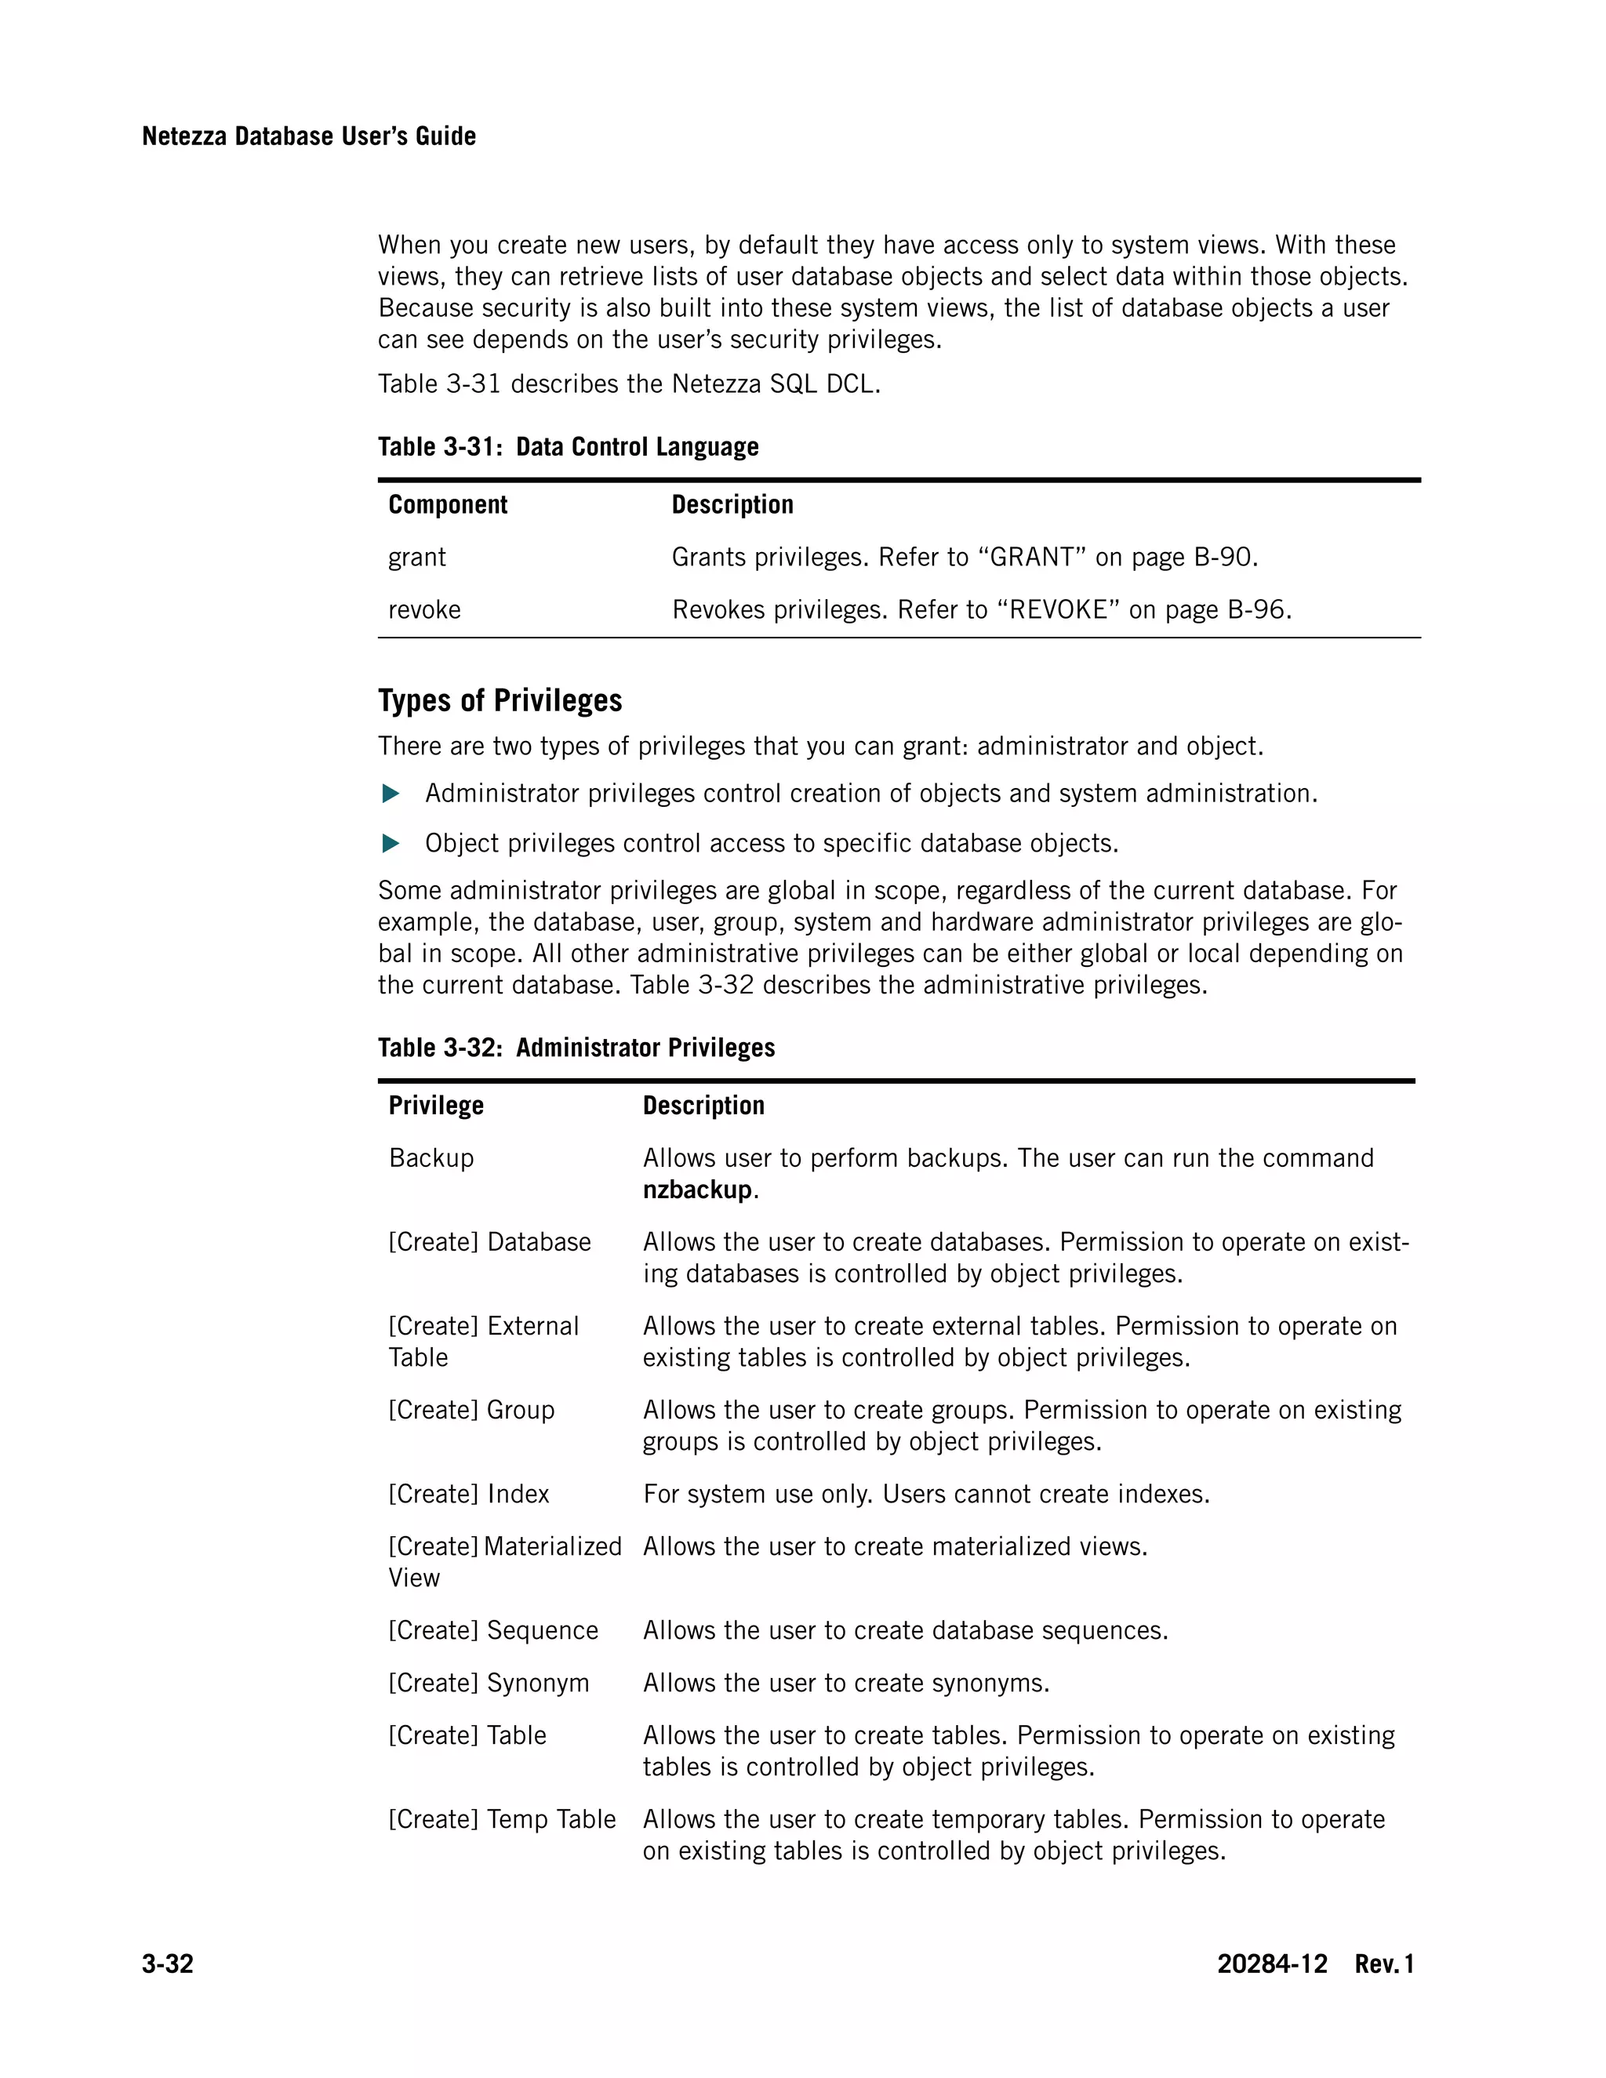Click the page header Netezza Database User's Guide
click(308, 136)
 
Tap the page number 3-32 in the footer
click(168, 1964)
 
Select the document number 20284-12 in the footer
click(1271, 1964)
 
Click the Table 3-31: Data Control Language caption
click(568, 446)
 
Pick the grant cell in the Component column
click(416, 557)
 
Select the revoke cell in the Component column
click(424, 609)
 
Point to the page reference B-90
click(1224, 557)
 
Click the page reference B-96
click(1258, 609)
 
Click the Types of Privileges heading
click(500, 700)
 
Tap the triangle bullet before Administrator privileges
click(390, 794)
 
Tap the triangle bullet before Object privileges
click(390, 843)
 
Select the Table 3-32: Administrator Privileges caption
click(576, 1048)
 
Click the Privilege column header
click(436, 1105)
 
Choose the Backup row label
click(431, 1158)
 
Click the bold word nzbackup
click(696, 1190)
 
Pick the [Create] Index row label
click(468, 1494)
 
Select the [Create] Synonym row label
click(488, 1682)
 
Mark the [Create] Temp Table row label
click(501, 1819)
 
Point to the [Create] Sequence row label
click(492, 1630)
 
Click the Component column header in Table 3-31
click(447, 504)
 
